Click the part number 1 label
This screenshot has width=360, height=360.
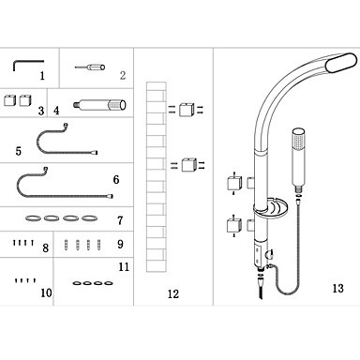[42, 76]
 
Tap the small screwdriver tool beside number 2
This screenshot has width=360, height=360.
[90, 67]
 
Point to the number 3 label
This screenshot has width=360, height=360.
[41, 111]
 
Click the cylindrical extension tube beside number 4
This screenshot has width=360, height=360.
[99, 105]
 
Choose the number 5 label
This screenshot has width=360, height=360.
[19, 151]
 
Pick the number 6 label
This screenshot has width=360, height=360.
[116, 179]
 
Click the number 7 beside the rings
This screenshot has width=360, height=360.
[120, 221]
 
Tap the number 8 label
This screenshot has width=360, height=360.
[46, 248]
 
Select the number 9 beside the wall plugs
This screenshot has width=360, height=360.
[120, 244]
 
